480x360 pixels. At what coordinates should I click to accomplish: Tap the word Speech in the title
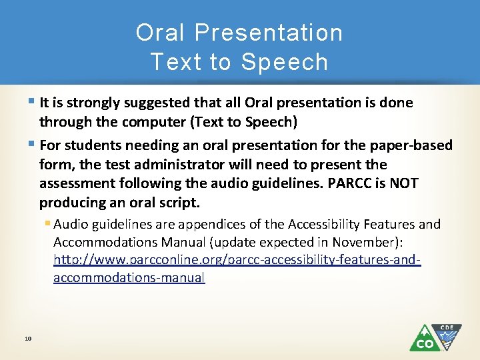tap(285, 62)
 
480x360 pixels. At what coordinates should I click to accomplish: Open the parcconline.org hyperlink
tap(237, 259)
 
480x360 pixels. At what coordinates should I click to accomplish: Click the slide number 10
tap(28, 339)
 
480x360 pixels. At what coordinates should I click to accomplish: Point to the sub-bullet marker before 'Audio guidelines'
tap(48, 224)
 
